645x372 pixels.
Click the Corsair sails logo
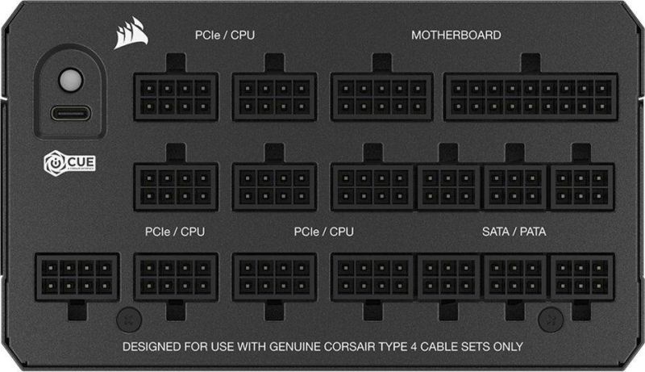[x=131, y=33]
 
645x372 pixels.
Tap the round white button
[x=70, y=79]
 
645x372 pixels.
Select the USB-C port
[x=70, y=113]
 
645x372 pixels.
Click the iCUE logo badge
[x=69, y=163]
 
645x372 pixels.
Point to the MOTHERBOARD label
[x=456, y=36]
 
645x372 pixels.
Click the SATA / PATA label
[x=514, y=232]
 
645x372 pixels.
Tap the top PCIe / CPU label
[x=225, y=36]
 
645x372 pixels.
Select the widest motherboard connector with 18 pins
[x=531, y=97]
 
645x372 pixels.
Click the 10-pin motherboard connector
[x=381, y=97]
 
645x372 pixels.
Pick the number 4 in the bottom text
[x=413, y=347]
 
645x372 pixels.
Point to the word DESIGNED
[x=152, y=347]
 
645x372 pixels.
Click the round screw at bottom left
[x=129, y=320]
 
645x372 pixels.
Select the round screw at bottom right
[x=551, y=320]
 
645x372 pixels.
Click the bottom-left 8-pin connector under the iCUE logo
[x=77, y=277]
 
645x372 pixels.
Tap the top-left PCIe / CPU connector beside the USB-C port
[x=176, y=97]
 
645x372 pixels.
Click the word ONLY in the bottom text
[x=509, y=347]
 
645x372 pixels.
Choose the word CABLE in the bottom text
[x=439, y=347]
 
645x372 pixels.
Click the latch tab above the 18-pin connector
[x=531, y=63]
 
